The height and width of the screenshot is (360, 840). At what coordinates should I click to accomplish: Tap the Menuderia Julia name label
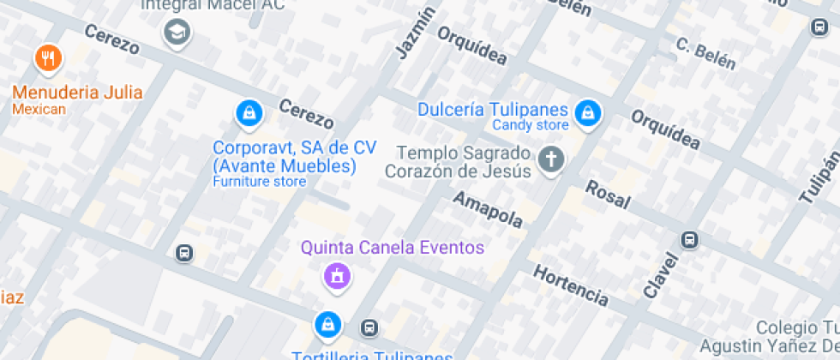pyautogui.click(x=77, y=92)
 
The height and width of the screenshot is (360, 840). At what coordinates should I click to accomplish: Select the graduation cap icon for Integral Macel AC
pyautogui.click(x=177, y=33)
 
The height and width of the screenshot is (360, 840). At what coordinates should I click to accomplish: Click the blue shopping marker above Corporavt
pyautogui.click(x=249, y=112)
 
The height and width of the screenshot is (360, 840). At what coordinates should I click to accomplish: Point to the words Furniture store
pyautogui.click(x=259, y=182)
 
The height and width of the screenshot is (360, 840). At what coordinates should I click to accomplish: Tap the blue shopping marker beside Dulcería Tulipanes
pyautogui.click(x=587, y=111)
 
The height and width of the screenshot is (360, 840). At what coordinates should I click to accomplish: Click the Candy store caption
pyautogui.click(x=530, y=125)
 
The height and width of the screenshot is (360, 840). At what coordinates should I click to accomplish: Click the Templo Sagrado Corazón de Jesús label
pyautogui.click(x=458, y=162)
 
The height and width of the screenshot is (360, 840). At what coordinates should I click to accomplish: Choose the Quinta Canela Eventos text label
pyautogui.click(x=392, y=248)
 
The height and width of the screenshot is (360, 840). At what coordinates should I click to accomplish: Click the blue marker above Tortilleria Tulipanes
pyautogui.click(x=327, y=324)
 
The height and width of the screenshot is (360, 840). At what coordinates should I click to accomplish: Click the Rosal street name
pyautogui.click(x=608, y=196)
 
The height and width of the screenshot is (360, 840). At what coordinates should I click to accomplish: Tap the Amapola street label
pyautogui.click(x=488, y=211)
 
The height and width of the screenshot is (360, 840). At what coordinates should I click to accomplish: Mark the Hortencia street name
pyautogui.click(x=571, y=286)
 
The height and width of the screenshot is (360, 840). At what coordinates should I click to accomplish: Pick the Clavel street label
pyautogui.click(x=659, y=274)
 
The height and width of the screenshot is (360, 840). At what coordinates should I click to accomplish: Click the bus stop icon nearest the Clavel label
pyautogui.click(x=689, y=239)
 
